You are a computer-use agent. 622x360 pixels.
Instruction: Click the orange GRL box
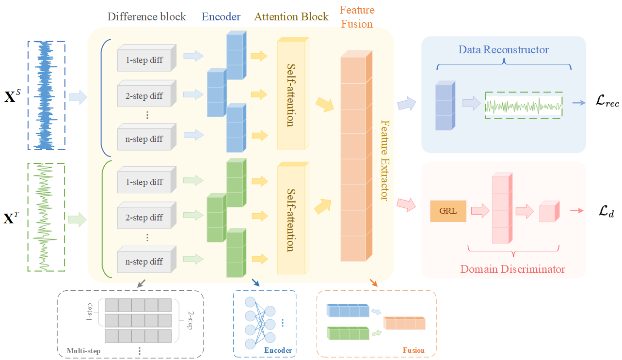[x=448, y=211]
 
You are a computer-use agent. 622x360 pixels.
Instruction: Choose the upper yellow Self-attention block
[x=291, y=95]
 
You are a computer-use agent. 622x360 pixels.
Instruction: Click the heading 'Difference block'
[x=146, y=17]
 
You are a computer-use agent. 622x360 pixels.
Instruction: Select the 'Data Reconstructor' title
[x=503, y=50]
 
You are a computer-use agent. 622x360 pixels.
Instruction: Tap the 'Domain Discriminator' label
[x=512, y=268]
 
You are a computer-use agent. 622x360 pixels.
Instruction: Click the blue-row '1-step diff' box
[x=145, y=60]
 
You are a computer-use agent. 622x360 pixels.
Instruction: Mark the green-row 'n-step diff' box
[x=145, y=261]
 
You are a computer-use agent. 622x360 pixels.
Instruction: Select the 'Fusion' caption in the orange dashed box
[x=414, y=350]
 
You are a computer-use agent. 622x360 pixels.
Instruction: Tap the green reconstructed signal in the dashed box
[x=524, y=105]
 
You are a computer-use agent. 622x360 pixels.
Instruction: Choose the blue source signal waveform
[x=46, y=95]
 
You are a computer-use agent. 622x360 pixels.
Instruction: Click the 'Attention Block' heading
[x=291, y=17]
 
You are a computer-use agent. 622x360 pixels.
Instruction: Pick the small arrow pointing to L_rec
[x=578, y=103]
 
